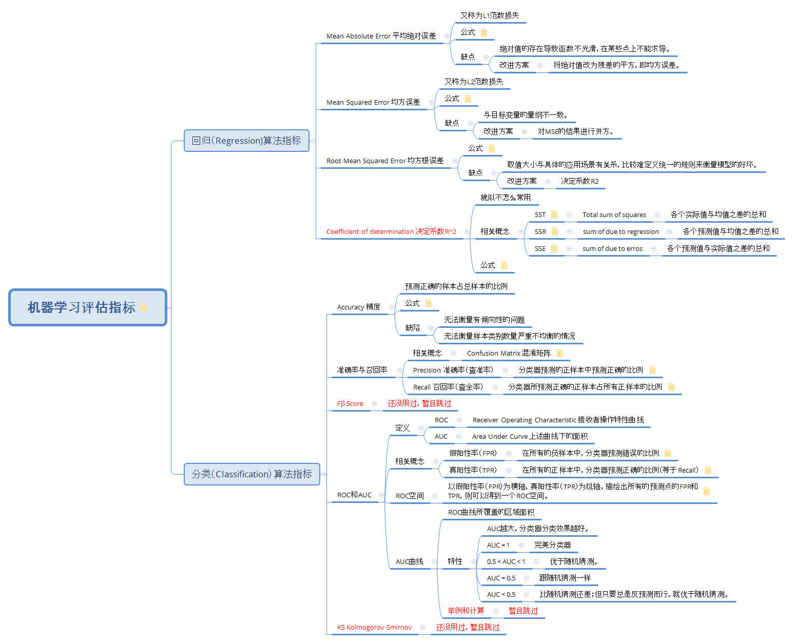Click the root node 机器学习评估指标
[81, 307]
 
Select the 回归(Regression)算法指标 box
[246, 141]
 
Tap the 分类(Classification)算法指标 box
[251, 474]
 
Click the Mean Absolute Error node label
[381, 36]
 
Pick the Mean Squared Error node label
[373, 103]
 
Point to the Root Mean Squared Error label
[385, 161]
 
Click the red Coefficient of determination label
[391, 232]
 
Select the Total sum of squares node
[614, 215]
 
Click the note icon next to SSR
[555, 232]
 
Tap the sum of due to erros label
[612, 249]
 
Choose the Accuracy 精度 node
[358, 307]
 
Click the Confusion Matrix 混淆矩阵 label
[509, 354]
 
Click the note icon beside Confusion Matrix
[560, 353]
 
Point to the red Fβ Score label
[350, 404]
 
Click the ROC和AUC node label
[354, 495]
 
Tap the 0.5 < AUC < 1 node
[506, 562]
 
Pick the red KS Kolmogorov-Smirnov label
[374, 628]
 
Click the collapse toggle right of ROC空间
[435, 496]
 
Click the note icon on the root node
[144, 307]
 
